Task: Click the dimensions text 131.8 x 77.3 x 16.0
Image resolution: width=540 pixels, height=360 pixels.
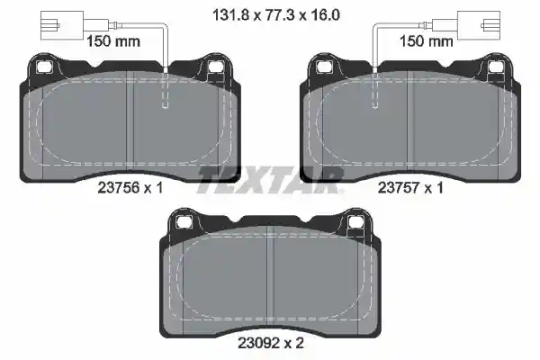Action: coord(276,15)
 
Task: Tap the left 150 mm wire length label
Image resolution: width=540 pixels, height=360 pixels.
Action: coord(113,41)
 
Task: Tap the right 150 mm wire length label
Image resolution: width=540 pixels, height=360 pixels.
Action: coord(426,41)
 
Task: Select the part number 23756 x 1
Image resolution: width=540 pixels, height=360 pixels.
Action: coord(130,188)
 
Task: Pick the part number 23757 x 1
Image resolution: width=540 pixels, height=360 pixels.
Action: coord(410,188)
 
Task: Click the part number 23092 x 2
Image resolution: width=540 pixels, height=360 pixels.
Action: coord(271,343)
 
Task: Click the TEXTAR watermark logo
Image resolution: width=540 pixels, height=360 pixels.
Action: coord(270,179)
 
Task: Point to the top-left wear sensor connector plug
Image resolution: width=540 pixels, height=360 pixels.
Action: coord(63,25)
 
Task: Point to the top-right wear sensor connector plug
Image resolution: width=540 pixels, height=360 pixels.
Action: coord(479,25)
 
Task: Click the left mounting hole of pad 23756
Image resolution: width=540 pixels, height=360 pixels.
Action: coord(44,67)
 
